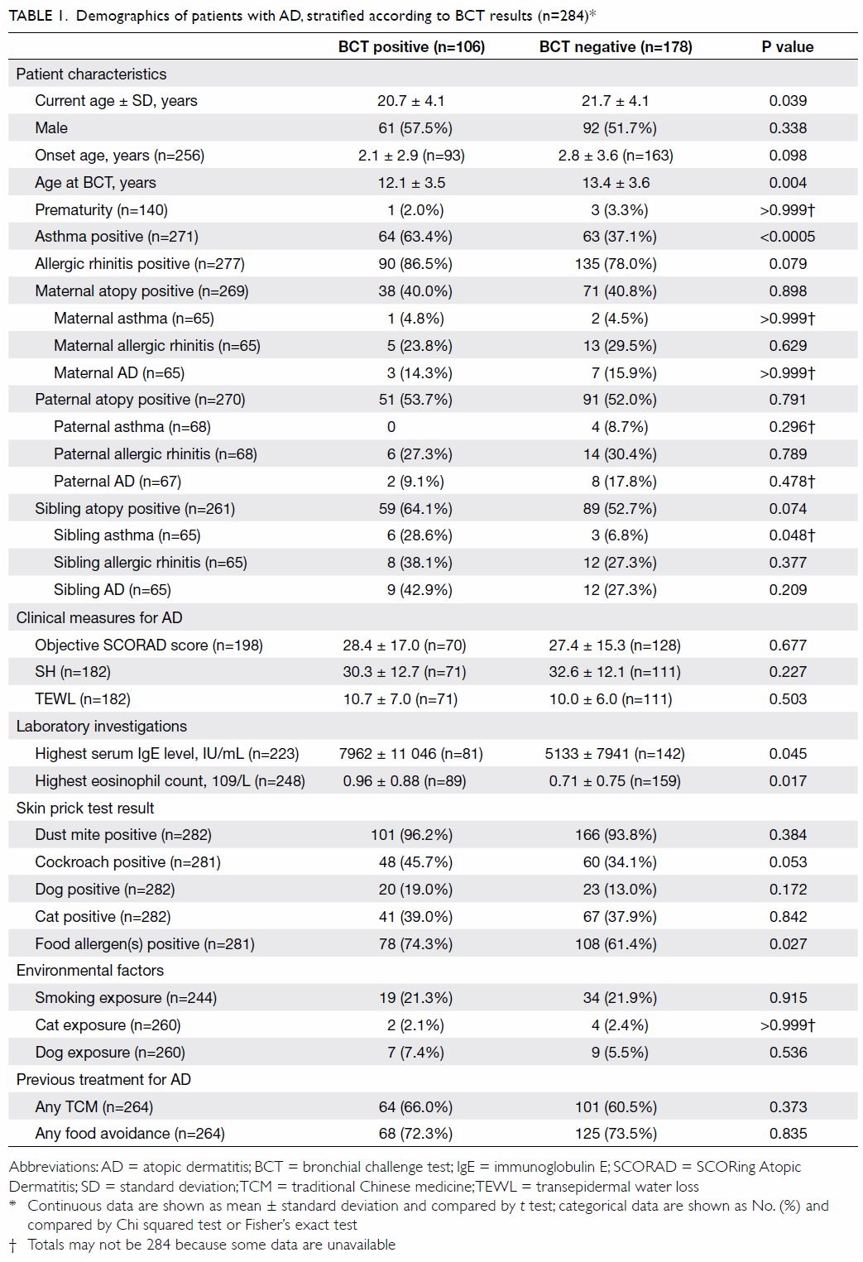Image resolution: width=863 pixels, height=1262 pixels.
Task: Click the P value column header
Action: (788, 47)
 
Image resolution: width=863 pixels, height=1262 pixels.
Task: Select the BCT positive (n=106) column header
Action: (411, 47)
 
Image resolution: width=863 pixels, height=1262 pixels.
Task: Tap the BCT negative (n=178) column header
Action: (616, 47)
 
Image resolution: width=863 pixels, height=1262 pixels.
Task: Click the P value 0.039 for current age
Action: (788, 101)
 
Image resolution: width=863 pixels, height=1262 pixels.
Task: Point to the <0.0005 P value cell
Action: (788, 237)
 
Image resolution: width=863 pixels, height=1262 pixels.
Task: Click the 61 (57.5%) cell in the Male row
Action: (415, 128)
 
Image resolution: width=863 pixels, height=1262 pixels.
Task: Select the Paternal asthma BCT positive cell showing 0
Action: (391, 427)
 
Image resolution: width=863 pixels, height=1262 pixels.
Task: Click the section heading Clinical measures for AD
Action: (99, 618)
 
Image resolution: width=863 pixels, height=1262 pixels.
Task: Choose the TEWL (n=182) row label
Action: (83, 699)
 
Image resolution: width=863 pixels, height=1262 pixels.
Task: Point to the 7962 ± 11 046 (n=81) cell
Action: (411, 754)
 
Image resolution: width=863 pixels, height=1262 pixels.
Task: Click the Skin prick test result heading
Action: (85, 809)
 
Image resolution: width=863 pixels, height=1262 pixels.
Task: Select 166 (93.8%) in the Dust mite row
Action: (616, 835)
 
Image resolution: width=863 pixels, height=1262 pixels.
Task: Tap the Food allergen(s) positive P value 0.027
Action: (788, 944)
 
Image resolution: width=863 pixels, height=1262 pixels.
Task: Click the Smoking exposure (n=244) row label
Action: (126, 998)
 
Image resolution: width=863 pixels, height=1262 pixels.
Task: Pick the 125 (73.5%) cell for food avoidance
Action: (616, 1134)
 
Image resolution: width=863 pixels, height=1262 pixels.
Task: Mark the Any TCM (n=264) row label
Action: (94, 1107)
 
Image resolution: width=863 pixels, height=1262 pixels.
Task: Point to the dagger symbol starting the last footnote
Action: (13, 1245)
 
